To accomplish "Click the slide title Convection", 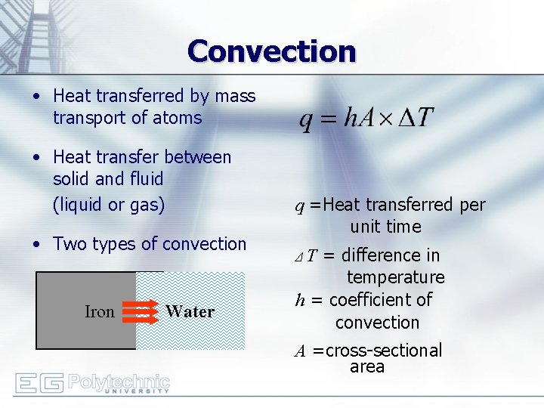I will click(272, 51).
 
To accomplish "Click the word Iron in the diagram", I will click(99, 312).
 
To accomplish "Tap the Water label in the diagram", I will click(190, 311).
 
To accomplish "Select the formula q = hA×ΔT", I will click(366, 118).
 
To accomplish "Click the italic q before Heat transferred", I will click(300, 206).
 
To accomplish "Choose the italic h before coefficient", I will click(300, 300).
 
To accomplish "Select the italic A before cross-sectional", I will click(300, 351).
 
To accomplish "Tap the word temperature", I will click(395, 278).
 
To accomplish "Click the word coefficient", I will click(380, 300).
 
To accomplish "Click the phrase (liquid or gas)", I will click(109, 205).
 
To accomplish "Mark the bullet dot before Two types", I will click(36, 245).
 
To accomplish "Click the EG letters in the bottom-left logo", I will click(39, 383).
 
